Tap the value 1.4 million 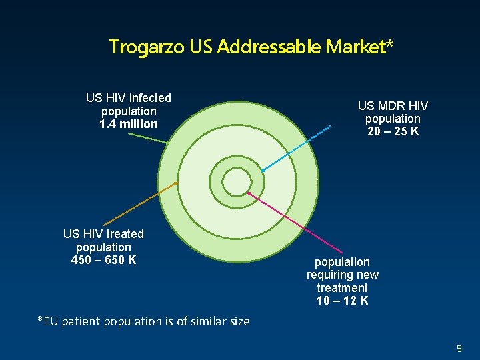(x=129, y=124)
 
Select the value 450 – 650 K (x=103, y=259)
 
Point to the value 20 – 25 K (x=393, y=131)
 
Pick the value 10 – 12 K (x=342, y=301)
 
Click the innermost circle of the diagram (x=235, y=181)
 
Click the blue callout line (x=297, y=147)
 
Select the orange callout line (x=140, y=203)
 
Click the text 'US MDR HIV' (x=393, y=106)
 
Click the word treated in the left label (x=125, y=234)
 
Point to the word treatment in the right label (x=342, y=288)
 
